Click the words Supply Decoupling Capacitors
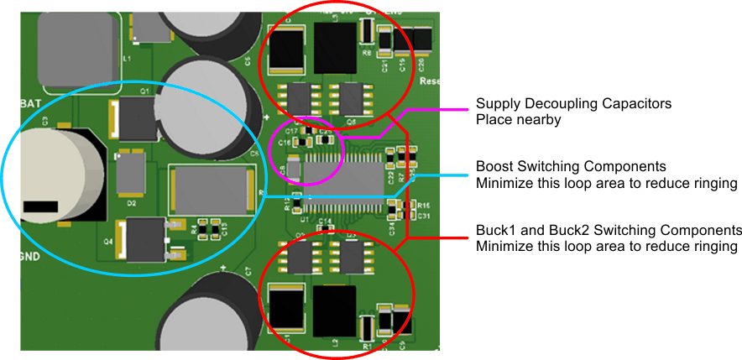(x=573, y=104)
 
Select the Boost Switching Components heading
(x=571, y=167)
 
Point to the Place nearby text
(x=518, y=120)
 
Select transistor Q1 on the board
(x=137, y=117)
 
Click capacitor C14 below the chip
(x=323, y=228)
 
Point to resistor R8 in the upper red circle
(x=366, y=32)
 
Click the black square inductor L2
(x=333, y=309)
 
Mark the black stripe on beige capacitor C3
(x=39, y=206)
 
